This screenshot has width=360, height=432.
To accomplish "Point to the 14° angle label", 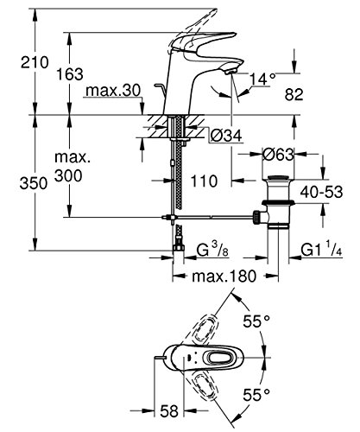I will [x=263, y=79].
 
